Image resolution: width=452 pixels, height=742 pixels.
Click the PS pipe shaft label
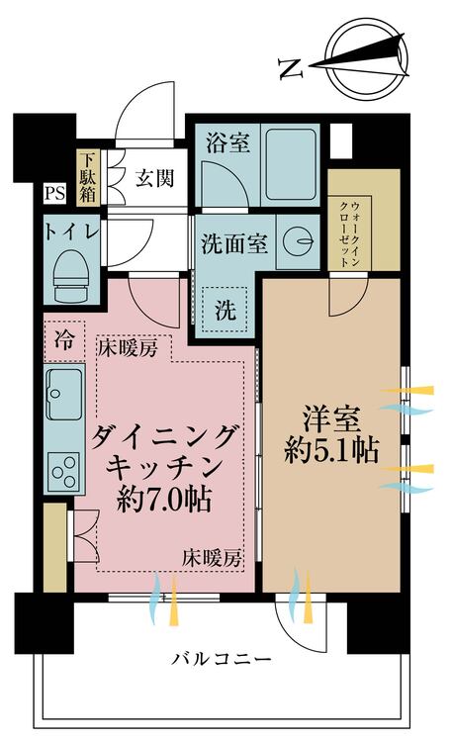[x=54, y=194]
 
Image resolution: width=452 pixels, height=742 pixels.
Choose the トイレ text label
[x=70, y=232]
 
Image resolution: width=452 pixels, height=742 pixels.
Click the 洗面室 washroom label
[x=233, y=242]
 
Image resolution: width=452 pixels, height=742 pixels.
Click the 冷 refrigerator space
[x=63, y=341]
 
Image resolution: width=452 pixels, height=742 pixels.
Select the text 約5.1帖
[x=329, y=450]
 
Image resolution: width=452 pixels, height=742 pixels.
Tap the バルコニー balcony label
[x=220, y=659]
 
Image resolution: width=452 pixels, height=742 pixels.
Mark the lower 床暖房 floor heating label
[x=211, y=559]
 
